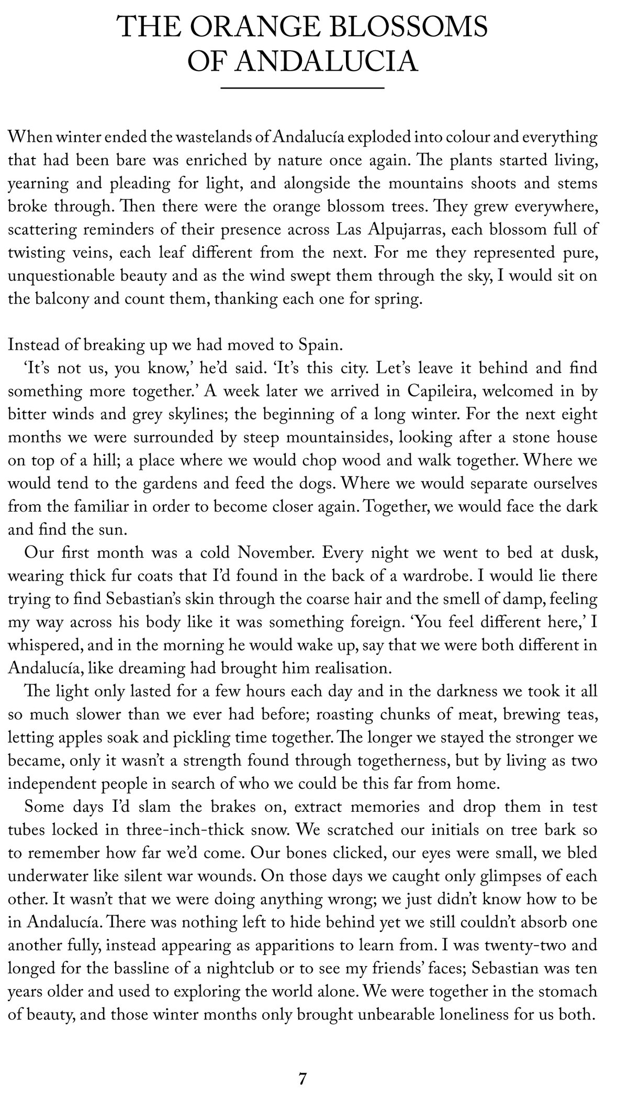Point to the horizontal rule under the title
click(302, 88)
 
